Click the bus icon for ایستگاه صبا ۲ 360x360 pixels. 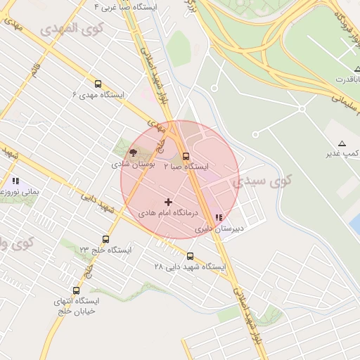[x=186, y=156]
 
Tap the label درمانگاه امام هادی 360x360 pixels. [x=168, y=212]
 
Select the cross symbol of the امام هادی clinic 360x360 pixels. [x=168, y=202]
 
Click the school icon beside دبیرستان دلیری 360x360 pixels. [x=219, y=217]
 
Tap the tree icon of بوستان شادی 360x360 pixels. [x=133, y=153]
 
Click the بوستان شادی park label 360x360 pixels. [x=133, y=164]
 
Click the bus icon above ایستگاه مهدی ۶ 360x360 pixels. [x=98, y=82]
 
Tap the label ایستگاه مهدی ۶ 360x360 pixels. [x=98, y=94]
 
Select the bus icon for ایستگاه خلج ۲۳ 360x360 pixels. [x=105, y=239]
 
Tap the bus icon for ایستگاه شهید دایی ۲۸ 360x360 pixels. [x=190, y=256]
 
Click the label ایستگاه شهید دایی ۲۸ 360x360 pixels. [x=190, y=267]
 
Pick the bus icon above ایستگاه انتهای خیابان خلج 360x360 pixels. [x=76, y=290]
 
